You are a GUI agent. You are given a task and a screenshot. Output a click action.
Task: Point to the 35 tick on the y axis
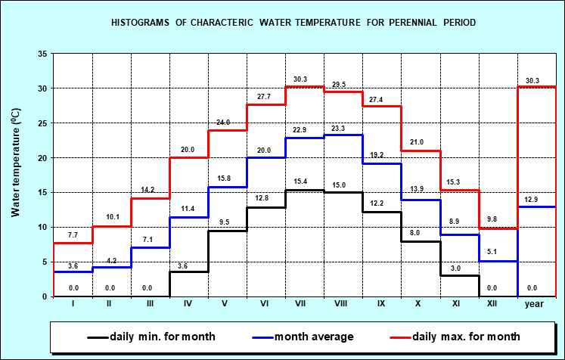point(42,54)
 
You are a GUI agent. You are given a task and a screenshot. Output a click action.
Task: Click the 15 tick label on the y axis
point(42,193)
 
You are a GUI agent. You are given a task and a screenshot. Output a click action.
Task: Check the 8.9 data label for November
point(454,221)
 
